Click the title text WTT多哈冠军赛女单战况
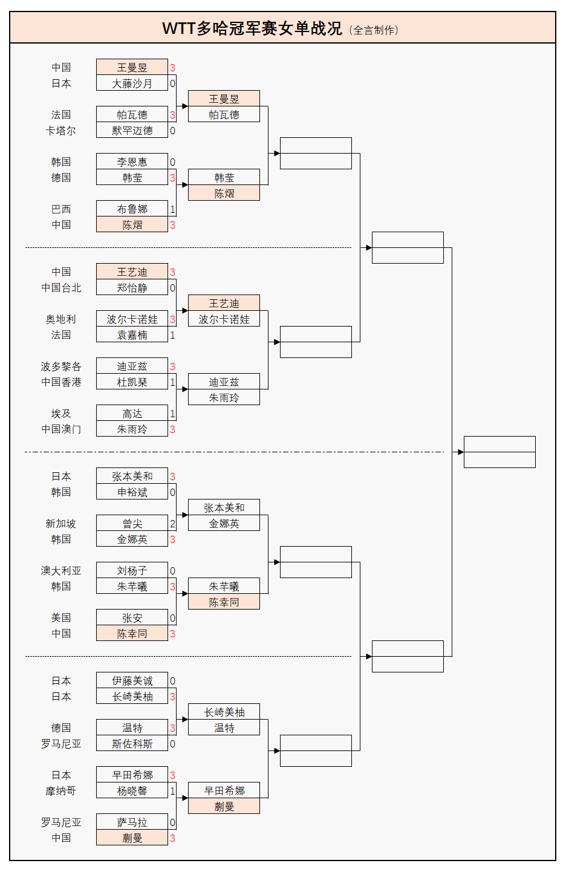coord(252,28)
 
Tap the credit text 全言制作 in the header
coord(375,30)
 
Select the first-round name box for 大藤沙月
coord(132,83)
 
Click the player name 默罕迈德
coord(132,131)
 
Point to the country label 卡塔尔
coord(61,131)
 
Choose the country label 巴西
coord(61,209)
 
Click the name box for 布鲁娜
coord(132,209)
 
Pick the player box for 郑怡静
coord(132,288)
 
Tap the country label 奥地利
coord(61,319)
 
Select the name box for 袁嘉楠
coord(132,335)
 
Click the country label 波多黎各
coord(61,366)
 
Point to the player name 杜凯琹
coord(132,382)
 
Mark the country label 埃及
coord(61,414)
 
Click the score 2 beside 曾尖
coord(172,524)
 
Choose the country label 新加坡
coord(61,524)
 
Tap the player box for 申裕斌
coord(132,492)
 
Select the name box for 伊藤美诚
coord(132,681)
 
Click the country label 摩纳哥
coord(61,791)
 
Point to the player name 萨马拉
coord(132,822)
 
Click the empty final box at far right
coord(499,452)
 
